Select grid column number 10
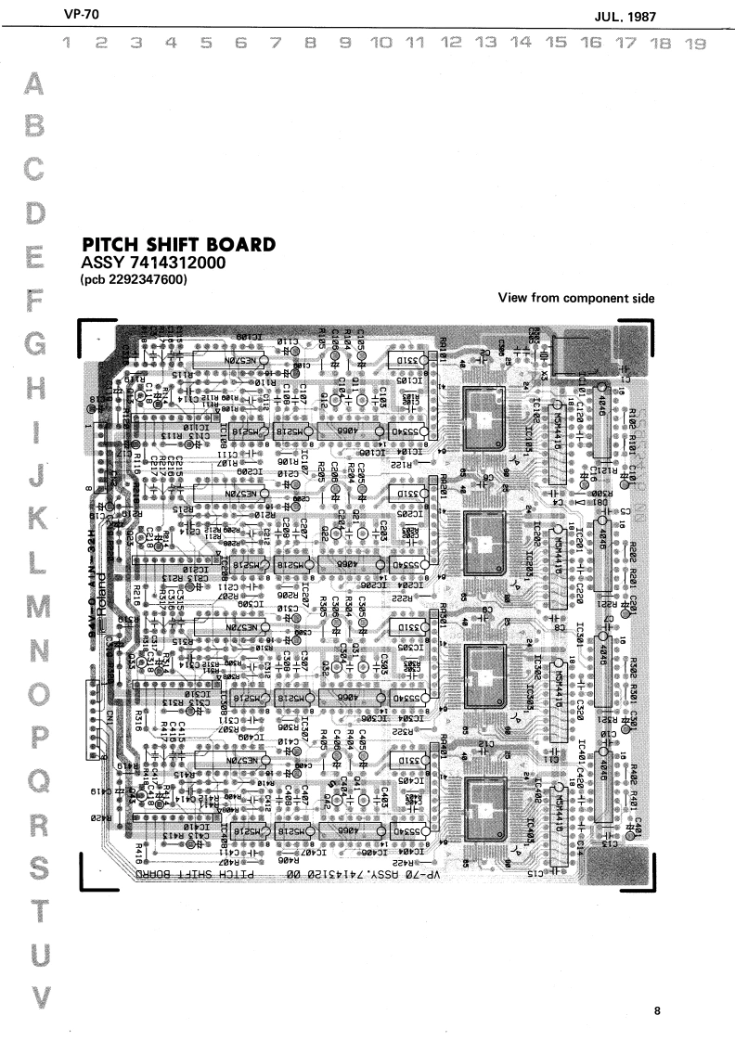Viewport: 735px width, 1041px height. click(380, 43)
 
